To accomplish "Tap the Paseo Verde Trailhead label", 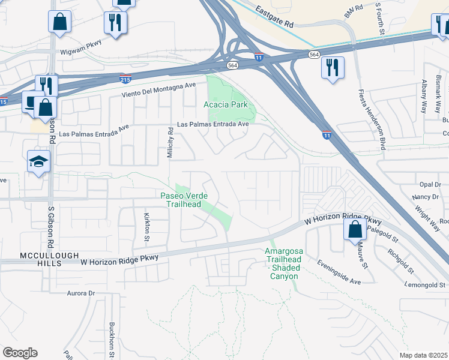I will click(x=180, y=199).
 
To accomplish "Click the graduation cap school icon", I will click(x=38, y=161).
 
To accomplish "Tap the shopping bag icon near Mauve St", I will click(x=355, y=229).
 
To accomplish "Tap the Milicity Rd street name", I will click(x=170, y=142).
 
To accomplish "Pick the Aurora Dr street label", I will click(x=81, y=293).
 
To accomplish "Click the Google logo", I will click(x=20, y=353).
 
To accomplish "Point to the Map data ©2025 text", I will click(x=423, y=355).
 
